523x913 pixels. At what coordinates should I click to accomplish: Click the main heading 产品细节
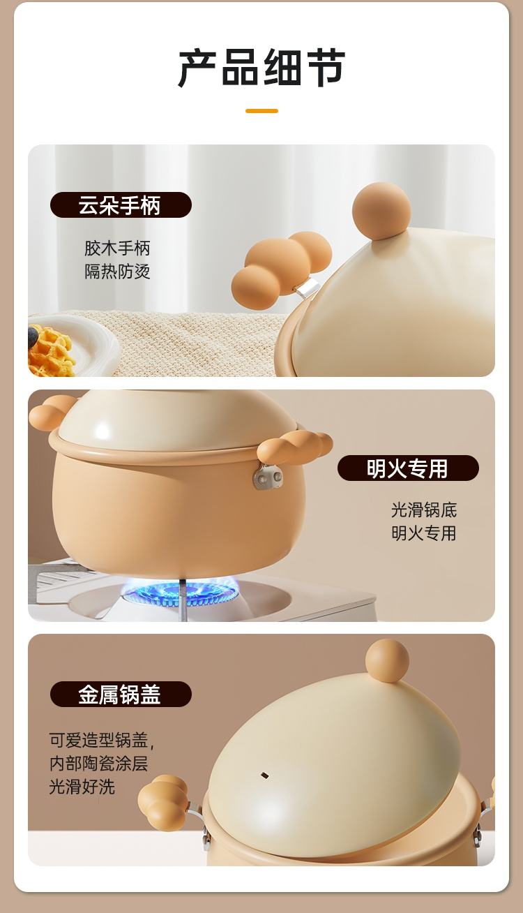[x=261, y=67]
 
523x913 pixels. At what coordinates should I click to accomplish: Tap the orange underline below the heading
[x=261, y=111]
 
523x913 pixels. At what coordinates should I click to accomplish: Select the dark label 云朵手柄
[x=121, y=205]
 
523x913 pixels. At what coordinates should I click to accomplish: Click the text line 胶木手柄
[x=117, y=248]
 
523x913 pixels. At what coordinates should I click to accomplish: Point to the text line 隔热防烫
[x=117, y=272]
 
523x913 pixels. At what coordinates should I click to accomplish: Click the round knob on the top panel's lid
[x=381, y=211]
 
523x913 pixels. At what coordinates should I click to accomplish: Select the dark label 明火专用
[x=408, y=468]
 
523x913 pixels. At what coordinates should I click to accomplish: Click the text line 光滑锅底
[x=423, y=510]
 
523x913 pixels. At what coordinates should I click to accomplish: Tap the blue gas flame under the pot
[x=179, y=593]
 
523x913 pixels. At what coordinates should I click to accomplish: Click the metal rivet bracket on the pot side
[x=268, y=476]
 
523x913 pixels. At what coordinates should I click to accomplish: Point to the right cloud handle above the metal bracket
[x=295, y=447]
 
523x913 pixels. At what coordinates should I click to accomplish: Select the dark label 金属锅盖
[x=121, y=694]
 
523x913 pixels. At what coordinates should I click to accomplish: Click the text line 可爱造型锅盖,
[x=102, y=740]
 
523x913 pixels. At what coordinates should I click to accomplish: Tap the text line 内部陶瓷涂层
[x=98, y=764]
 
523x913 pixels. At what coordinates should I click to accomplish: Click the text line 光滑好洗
[x=82, y=787]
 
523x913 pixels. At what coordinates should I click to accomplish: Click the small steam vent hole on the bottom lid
[x=264, y=774]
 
